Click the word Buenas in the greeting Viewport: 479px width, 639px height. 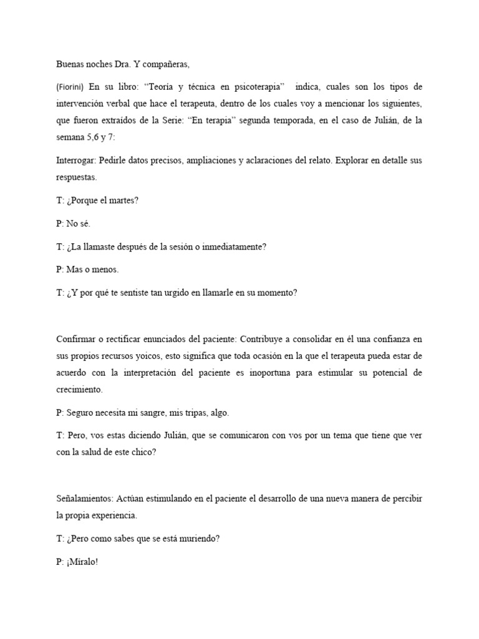point(70,64)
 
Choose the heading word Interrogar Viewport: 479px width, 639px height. point(75,160)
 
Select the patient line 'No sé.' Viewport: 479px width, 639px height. point(77,224)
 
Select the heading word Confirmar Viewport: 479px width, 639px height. point(76,339)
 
